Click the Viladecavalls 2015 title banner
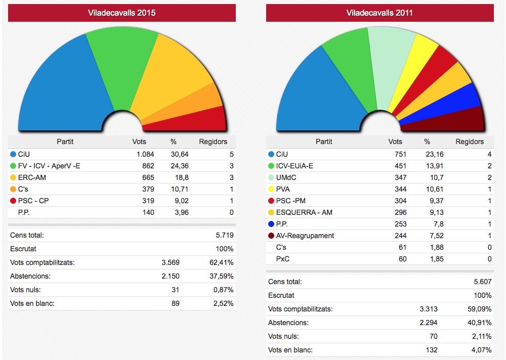pos(122,13)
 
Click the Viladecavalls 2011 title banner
pos(379,13)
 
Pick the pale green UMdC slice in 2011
pos(390,66)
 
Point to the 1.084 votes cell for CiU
pos(144,154)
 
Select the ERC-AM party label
pos(32,177)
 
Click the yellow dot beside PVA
pos(271,189)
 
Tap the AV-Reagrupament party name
pos(305,236)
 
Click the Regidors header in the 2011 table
pos(470,142)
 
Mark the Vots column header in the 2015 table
pos(140,142)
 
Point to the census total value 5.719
pos(224,235)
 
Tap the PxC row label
pos(283,259)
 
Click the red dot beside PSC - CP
pos(13,201)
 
